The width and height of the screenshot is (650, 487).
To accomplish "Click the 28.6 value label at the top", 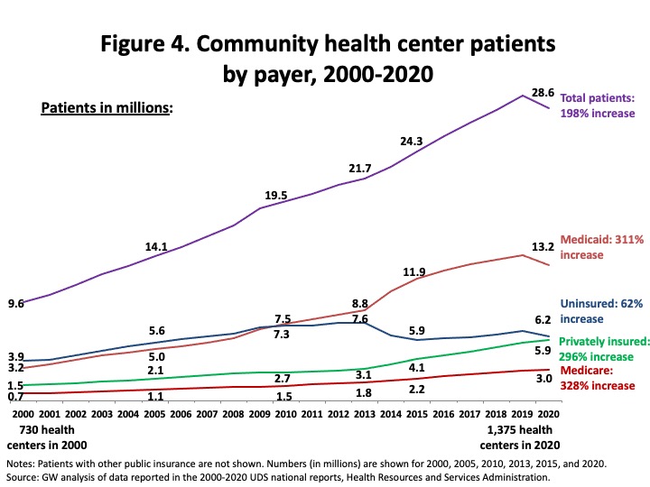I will pyautogui.click(x=542, y=93).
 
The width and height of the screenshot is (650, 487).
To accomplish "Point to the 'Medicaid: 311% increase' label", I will pyautogui.click(x=601, y=247).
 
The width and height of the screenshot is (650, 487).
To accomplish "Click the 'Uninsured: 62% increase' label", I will pyautogui.click(x=601, y=311).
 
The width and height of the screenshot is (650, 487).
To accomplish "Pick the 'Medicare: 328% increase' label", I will pyautogui.click(x=599, y=378).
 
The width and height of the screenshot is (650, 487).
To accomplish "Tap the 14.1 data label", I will pyautogui.click(x=156, y=246).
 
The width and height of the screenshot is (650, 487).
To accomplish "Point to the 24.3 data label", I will pyautogui.click(x=412, y=141).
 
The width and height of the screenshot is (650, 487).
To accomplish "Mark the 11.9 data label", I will pyautogui.click(x=415, y=271).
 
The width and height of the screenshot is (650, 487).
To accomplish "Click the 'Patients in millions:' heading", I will pyautogui.click(x=107, y=108).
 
